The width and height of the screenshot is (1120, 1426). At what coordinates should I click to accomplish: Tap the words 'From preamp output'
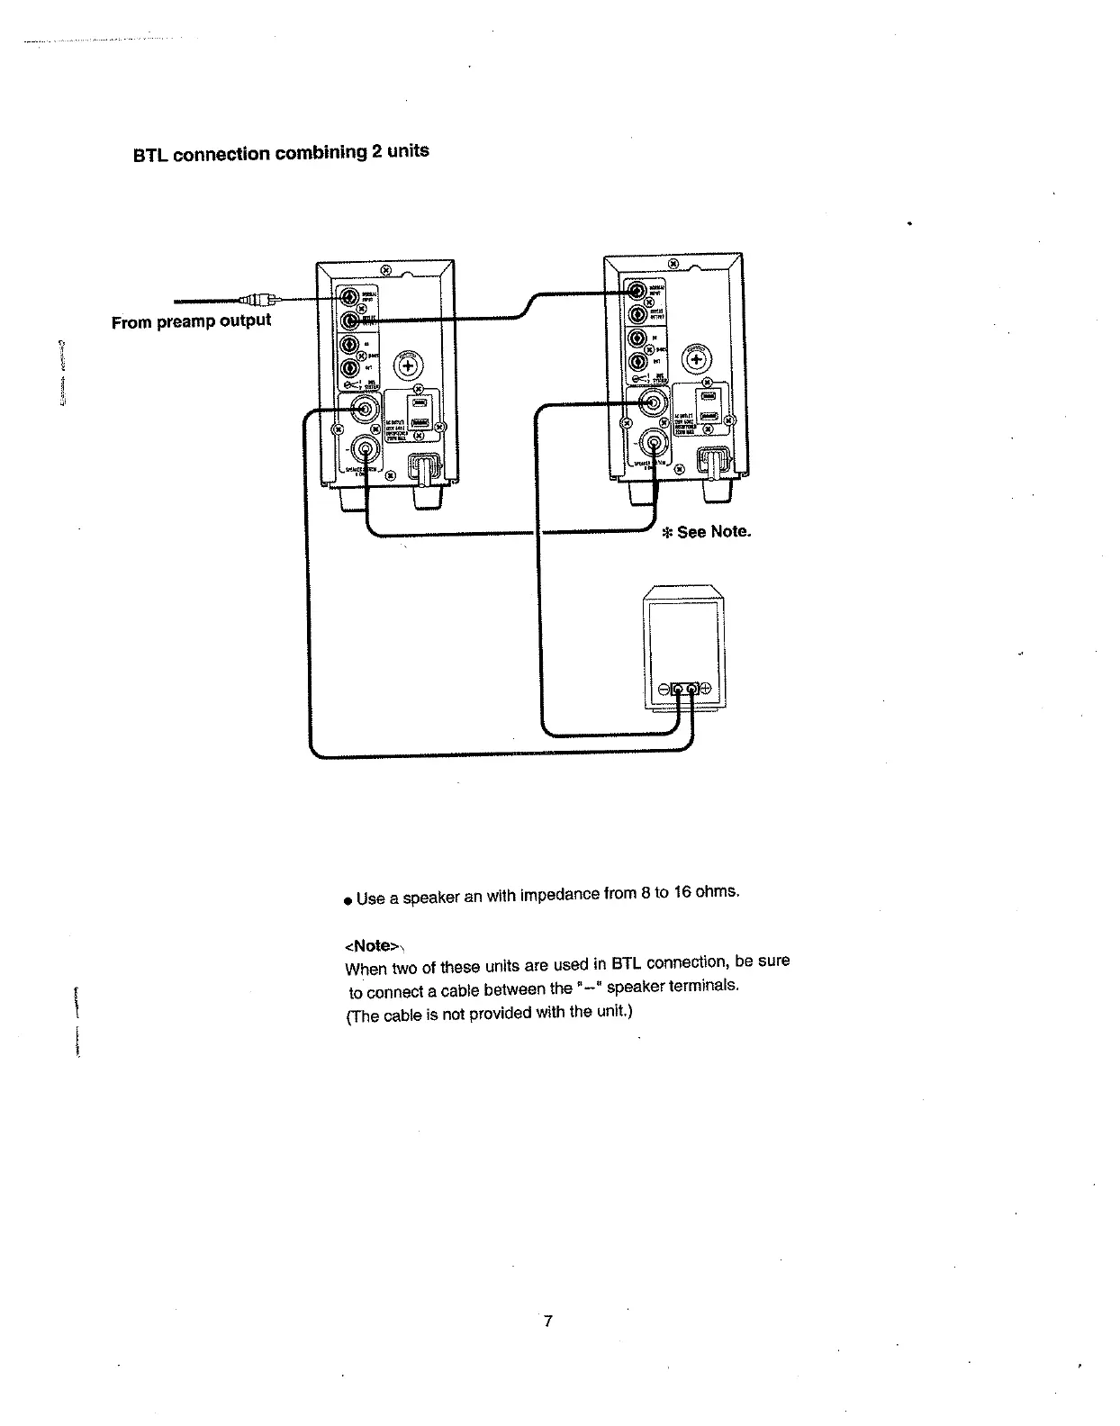[x=191, y=321]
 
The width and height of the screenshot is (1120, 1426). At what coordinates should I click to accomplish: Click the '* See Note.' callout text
[x=706, y=532]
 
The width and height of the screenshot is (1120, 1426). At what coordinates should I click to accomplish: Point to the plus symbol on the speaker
[x=705, y=689]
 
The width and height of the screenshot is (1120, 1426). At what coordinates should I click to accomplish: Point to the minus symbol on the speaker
[x=664, y=689]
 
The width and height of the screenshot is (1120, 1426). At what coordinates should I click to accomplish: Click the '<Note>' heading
[x=371, y=945]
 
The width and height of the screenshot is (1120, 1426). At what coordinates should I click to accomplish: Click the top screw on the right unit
[x=673, y=265]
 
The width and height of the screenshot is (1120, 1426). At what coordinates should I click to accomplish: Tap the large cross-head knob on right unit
[x=697, y=359]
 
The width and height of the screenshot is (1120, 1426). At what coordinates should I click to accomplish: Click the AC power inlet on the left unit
[x=422, y=469]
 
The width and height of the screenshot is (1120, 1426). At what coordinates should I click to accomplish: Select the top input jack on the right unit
[x=638, y=291]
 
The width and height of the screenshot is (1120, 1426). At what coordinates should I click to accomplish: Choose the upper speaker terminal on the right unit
[x=653, y=404]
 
